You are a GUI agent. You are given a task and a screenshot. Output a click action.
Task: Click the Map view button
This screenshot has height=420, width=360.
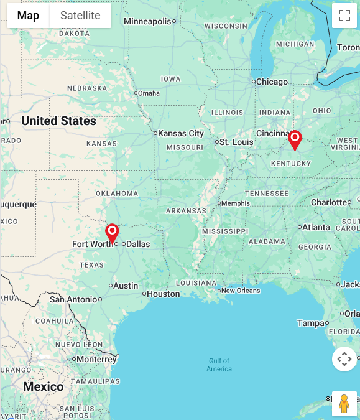tap(28, 16)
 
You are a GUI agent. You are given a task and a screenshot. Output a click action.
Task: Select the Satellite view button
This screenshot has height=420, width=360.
tap(80, 16)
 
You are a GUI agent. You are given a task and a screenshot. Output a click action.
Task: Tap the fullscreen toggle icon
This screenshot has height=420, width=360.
tap(344, 16)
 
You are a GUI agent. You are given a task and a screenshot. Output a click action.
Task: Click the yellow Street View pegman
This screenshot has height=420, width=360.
tap(344, 404)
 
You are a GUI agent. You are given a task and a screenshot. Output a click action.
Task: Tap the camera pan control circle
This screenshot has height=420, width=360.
tap(344, 359)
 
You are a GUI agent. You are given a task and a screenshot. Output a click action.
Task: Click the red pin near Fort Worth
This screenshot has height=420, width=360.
tap(112, 233)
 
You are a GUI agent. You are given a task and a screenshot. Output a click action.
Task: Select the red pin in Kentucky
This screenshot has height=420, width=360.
tap(295, 140)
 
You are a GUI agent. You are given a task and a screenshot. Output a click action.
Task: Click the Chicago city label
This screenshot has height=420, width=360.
tap(272, 82)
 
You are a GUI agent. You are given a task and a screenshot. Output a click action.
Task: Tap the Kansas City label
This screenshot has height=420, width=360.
tap(181, 133)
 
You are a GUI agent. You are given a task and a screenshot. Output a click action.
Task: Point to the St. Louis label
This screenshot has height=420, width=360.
tap(236, 142)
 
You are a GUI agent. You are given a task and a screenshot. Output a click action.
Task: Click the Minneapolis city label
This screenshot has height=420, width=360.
tap(147, 21)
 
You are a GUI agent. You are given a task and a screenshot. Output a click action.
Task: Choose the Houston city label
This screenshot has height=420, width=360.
tap(164, 294)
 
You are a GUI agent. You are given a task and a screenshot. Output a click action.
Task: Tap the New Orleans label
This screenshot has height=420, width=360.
tap(241, 291)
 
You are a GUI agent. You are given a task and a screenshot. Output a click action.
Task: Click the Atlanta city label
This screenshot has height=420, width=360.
tap(316, 227)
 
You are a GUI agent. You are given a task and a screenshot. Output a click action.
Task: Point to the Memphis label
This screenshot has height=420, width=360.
tap(236, 203)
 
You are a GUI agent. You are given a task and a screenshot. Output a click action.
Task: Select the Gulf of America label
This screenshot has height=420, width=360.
tap(219, 365)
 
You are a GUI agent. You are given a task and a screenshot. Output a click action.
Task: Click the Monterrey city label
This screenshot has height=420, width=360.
tap(97, 359)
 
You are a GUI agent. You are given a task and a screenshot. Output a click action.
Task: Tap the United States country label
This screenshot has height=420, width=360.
tap(59, 121)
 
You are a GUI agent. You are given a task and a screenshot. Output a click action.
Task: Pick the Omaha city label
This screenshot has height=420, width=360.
tap(149, 93)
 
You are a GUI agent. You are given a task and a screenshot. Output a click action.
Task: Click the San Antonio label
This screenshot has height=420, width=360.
tap(73, 299)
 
